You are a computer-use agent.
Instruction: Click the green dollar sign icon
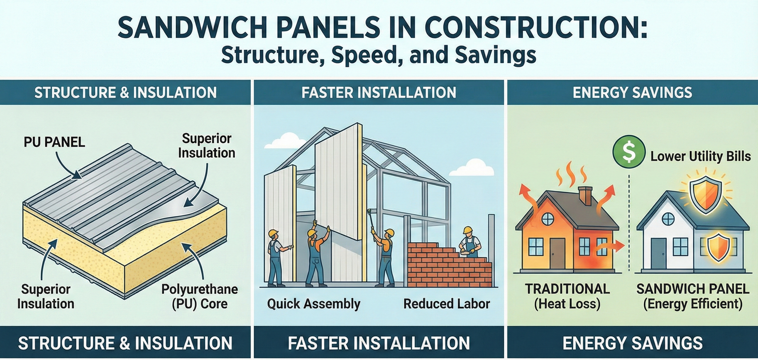click(629, 152)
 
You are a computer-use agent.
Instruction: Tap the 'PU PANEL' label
click(54, 142)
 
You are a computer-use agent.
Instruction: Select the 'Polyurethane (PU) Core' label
click(199, 296)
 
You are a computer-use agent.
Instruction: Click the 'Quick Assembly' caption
click(314, 304)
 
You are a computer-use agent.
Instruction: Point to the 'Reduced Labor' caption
click(446, 304)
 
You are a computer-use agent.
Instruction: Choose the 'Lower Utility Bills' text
click(700, 156)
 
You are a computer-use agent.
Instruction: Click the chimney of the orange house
click(586, 195)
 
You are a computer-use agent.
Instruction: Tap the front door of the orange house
click(557, 253)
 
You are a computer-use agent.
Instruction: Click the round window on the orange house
click(548, 219)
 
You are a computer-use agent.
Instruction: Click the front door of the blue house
click(658, 253)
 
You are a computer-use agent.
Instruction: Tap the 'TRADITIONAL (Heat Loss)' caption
click(567, 296)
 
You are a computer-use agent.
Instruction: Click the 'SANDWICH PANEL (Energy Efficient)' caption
click(693, 296)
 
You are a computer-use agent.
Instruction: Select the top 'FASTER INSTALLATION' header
click(379, 92)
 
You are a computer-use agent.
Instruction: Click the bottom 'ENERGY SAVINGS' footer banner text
click(632, 343)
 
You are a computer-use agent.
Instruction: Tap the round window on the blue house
click(668, 219)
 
